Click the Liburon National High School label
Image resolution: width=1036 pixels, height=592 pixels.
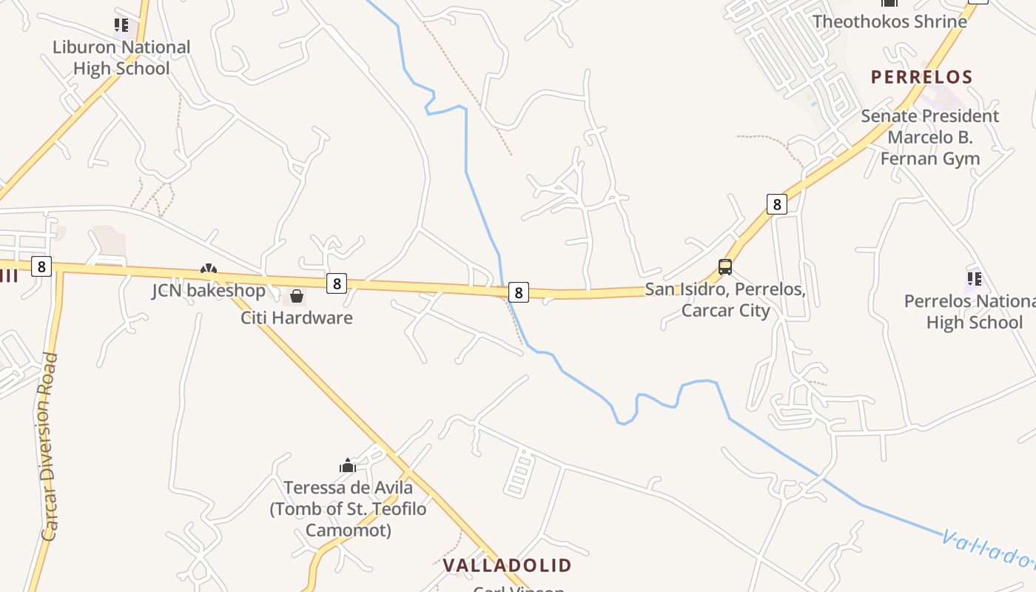point(121,58)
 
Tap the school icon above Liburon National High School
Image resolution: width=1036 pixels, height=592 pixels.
point(121,26)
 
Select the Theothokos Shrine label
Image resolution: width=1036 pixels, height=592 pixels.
point(889,21)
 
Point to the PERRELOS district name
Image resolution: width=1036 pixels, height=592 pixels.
point(921,77)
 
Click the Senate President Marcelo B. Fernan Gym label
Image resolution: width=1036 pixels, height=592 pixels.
point(930,137)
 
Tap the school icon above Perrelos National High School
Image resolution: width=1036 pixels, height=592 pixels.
point(974,279)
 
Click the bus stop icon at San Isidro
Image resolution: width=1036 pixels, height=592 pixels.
point(725,267)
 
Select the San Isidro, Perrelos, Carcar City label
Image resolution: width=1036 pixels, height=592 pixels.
point(725,299)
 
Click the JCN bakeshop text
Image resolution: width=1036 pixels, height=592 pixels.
point(209,290)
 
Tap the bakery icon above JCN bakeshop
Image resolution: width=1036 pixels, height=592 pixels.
point(209,271)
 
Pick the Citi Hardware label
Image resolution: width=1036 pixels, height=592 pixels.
point(297,317)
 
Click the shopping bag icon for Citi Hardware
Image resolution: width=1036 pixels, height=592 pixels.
point(297,297)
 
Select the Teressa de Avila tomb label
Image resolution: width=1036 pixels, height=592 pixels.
point(348,508)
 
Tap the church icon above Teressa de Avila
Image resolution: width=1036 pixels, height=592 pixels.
point(348,465)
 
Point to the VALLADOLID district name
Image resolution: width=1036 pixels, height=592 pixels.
point(507,565)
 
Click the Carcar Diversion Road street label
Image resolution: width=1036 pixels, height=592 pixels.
point(50,446)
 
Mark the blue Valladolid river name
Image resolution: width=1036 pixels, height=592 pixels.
point(988,548)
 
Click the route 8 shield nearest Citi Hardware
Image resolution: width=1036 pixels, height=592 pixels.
point(337,283)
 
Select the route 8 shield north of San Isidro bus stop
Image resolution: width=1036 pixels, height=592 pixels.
point(776,203)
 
